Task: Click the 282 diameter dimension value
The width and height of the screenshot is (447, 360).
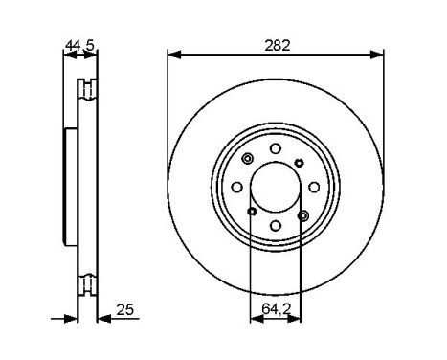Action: (278, 46)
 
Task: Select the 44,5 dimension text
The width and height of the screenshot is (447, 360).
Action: (79, 46)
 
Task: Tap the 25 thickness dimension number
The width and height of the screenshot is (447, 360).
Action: (125, 310)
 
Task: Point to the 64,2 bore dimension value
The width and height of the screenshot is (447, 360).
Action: (277, 308)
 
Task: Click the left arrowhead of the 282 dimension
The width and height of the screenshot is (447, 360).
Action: (174, 55)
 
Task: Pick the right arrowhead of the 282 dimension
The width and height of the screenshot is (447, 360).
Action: (376, 55)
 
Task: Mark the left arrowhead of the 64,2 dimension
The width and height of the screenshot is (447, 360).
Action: (257, 319)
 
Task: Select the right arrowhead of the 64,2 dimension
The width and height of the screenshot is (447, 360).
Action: (294, 319)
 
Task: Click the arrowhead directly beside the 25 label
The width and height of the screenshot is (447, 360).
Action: (104, 319)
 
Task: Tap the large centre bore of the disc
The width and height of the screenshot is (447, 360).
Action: (276, 187)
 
